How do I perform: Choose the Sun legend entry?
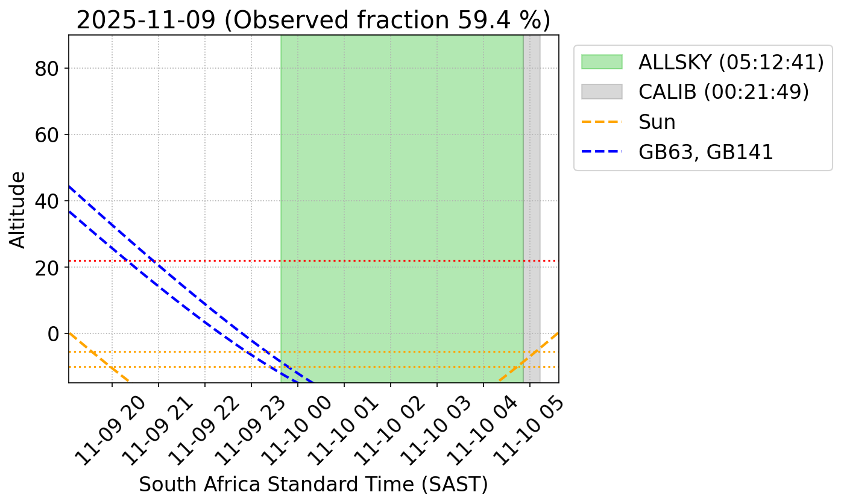coord(657,122)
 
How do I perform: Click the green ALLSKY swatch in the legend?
coord(602,62)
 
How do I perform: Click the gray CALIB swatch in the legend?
coord(602,92)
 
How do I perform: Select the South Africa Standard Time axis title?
coord(313,485)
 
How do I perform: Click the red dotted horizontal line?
coord(181,260)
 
